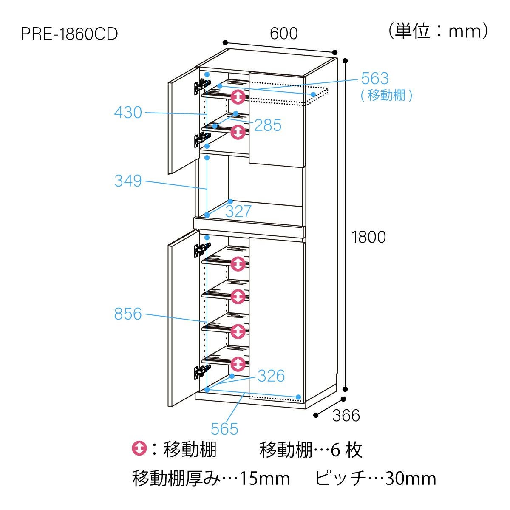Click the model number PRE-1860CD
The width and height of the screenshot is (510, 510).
(x=69, y=34)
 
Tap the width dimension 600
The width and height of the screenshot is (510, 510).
(x=284, y=34)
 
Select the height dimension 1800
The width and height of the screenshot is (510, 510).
(x=368, y=237)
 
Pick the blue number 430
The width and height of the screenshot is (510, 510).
(x=128, y=113)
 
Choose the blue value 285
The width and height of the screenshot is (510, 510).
(x=268, y=125)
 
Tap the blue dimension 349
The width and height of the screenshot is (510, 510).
(x=128, y=181)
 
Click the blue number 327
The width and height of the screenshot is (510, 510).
(x=238, y=212)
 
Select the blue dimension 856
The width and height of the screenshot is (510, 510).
(x=128, y=314)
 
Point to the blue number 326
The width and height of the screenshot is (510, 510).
(x=271, y=376)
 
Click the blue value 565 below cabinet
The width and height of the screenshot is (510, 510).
(x=224, y=429)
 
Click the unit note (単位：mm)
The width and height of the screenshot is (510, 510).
(x=438, y=31)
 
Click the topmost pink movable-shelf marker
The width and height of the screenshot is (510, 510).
(x=238, y=97)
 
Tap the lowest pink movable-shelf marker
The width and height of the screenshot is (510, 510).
(x=238, y=364)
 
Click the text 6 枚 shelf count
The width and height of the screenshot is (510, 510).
(x=347, y=450)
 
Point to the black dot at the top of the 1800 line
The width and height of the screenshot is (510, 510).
(x=345, y=61)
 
